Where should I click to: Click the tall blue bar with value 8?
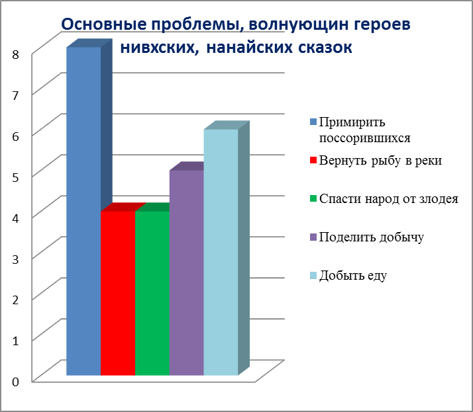(x=83, y=211)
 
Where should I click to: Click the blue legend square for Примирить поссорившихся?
(x=313, y=122)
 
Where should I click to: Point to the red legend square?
(x=313, y=160)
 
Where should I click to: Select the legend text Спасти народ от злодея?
(x=388, y=199)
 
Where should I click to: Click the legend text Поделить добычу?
(x=372, y=237)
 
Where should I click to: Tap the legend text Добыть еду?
(x=353, y=276)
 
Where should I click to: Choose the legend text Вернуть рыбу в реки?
(x=380, y=161)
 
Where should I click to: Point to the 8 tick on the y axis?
(x=15, y=54)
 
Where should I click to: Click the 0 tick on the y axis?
(x=15, y=382)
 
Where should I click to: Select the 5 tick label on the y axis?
(x=15, y=177)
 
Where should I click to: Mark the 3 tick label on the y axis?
(x=15, y=259)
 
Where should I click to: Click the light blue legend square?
(x=313, y=276)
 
